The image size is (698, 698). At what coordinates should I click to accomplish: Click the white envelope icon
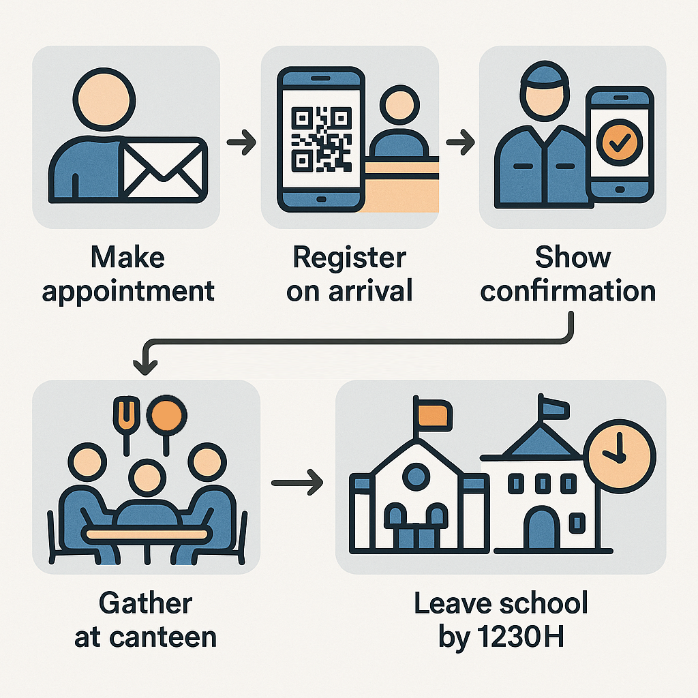coord(164,168)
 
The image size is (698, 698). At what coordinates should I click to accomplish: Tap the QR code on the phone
coord(321,138)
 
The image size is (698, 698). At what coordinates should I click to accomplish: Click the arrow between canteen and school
coord(297,483)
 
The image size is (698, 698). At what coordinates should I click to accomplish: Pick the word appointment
coord(128,292)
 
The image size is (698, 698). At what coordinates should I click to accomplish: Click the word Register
coord(349,258)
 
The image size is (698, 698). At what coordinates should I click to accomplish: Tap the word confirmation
coord(568,292)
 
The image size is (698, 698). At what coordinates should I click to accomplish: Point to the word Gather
coord(146,604)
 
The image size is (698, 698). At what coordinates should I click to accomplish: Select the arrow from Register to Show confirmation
coord(460,144)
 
